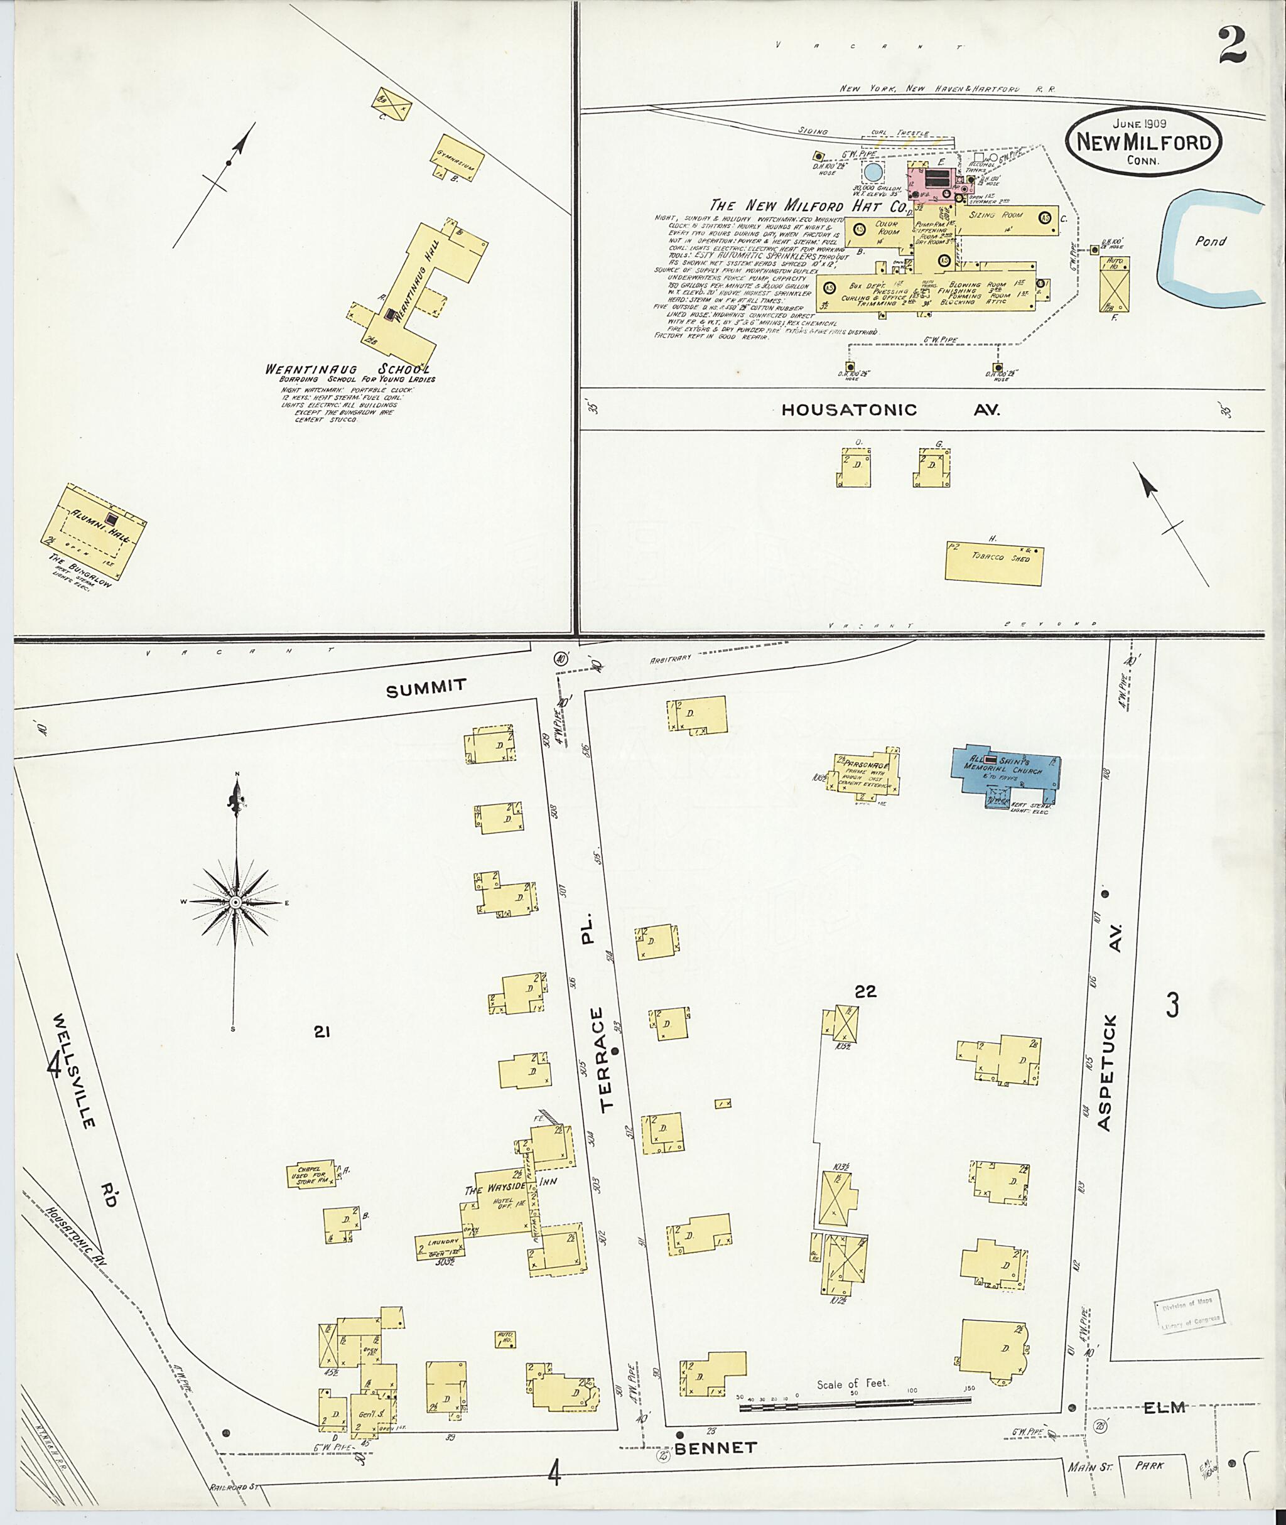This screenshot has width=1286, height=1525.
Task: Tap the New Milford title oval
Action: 1143,143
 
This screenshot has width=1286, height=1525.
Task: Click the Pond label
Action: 1209,241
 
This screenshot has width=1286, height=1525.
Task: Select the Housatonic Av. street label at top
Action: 890,410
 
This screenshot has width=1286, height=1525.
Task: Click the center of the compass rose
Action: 235,902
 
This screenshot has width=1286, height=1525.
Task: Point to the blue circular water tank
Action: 872,173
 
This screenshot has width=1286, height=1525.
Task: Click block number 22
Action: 865,991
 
